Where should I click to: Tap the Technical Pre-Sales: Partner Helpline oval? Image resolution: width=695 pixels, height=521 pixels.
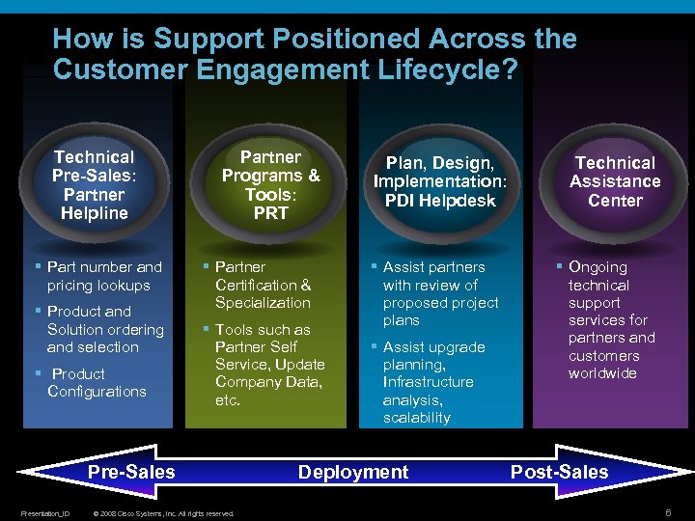pyautogui.click(x=94, y=184)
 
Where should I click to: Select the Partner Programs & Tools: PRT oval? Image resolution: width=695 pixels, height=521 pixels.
pyautogui.click(x=270, y=184)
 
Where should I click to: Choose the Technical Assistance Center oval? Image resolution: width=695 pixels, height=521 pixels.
pyautogui.click(x=615, y=182)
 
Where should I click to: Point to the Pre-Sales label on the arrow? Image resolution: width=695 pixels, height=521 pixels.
pyautogui.click(x=131, y=472)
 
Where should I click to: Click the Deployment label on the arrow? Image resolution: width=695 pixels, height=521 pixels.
pyautogui.click(x=353, y=472)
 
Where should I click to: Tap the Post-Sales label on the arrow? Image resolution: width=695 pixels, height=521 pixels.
pyautogui.click(x=559, y=472)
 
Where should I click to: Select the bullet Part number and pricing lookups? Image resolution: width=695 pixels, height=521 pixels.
pyautogui.click(x=104, y=276)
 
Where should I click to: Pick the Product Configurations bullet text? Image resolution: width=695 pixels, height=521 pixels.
pyautogui.click(x=97, y=382)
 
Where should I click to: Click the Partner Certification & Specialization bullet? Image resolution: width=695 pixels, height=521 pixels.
pyautogui.click(x=263, y=285)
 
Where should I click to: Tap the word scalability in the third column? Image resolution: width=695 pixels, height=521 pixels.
pyautogui.click(x=416, y=418)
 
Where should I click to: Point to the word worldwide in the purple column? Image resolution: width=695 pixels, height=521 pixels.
pyautogui.click(x=602, y=373)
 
